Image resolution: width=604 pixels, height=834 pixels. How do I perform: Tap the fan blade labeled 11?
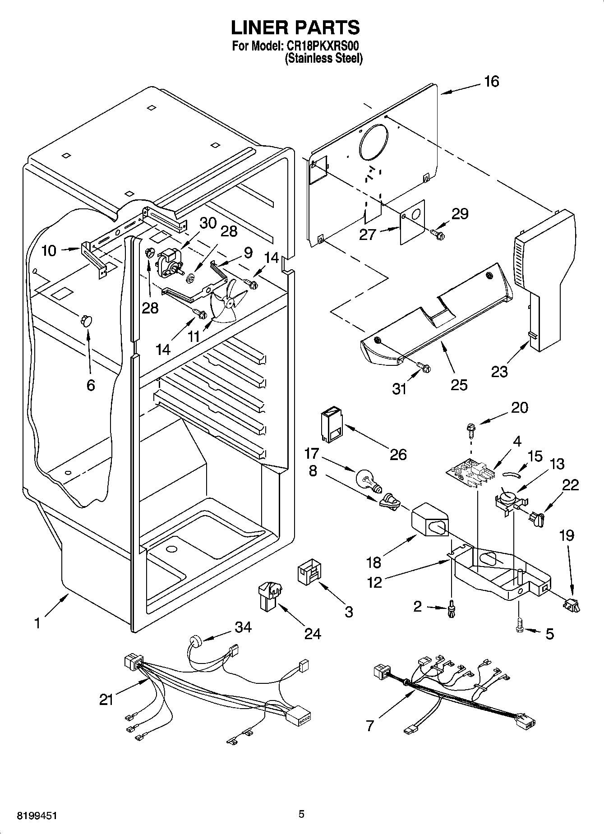pyautogui.click(x=229, y=300)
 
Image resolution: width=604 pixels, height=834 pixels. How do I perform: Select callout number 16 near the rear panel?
pyautogui.click(x=492, y=82)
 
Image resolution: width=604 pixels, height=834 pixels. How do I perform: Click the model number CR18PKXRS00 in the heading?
pyautogui.click(x=323, y=46)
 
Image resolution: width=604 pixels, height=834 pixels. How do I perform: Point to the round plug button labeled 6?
pyautogui.click(x=85, y=321)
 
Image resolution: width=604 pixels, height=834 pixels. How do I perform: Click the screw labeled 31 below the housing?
pyautogui.click(x=424, y=366)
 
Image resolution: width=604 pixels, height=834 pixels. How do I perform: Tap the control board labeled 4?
pyautogui.click(x=470, y=476)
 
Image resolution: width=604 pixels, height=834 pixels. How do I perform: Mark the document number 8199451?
pyautogui.click(x=37, y=816)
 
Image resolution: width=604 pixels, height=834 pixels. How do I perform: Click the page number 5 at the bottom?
pyautogui.click(x=301, y=814)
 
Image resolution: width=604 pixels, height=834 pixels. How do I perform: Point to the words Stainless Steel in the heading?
pyautogui.click(x=323, y=58)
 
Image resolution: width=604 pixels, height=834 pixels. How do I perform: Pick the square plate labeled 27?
pyautogui.click(x=413, y=222)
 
